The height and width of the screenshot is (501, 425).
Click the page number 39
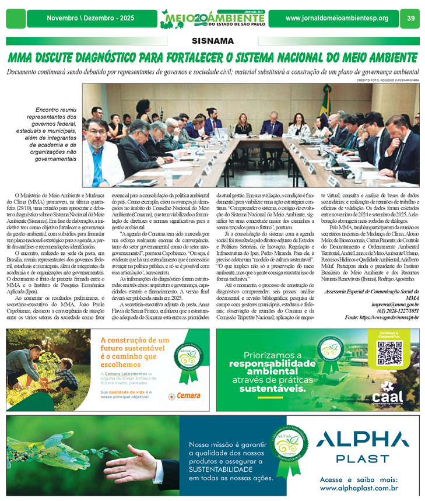pyautogui.click(x=410, y=19)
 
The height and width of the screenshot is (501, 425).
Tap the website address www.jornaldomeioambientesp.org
pyautogui.click(x=336, y=19)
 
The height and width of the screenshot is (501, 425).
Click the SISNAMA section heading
pyautogui.click(x=212, y=41)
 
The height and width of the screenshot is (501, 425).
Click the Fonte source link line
pyautogui.click(x=382, y=317)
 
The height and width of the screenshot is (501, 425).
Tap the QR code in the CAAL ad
pyautogui.click(x=390, y=353)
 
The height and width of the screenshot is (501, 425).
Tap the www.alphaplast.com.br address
pyautogui.click(x=359, y=488)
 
